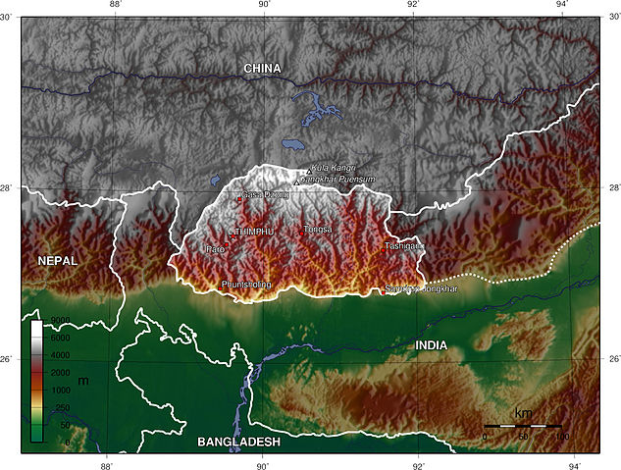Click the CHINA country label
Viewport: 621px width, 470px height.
tap(262, 69)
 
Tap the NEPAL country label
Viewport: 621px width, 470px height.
tap(57, 260)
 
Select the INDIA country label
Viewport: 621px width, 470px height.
tap(431, 345)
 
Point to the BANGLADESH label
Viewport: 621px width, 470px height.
tap(239, 443)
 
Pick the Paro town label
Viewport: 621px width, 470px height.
tap(215, 250)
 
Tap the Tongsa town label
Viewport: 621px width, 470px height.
tap(318, 230)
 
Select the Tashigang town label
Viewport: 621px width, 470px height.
tap(403, 245)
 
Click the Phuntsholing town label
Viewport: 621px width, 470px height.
tap(246, 285)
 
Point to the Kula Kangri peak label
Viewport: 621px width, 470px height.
tap(334, 169)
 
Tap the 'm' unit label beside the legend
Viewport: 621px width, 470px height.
tap(82, 380)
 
